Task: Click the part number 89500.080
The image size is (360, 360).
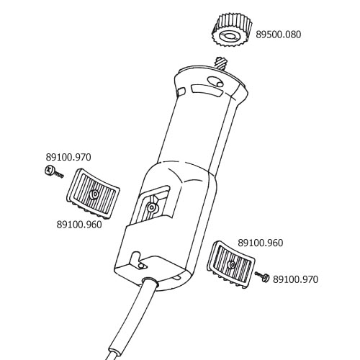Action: (278, 35)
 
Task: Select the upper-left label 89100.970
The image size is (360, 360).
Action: (68, 157)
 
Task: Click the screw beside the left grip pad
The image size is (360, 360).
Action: (54, 172)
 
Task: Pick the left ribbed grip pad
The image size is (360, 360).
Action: (93, 194)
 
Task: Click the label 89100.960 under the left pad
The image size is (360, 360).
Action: (79, 225)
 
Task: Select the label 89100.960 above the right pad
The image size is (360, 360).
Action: (261, 243)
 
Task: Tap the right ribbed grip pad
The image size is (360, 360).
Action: (231, 264)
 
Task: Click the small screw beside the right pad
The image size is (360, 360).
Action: (263, 276)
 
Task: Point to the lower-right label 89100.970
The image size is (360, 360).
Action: (295, 279)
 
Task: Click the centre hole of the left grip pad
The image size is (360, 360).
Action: (95, 194)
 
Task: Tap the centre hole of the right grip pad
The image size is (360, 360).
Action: (233, 264)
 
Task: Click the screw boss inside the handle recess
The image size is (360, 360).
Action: (151, 207)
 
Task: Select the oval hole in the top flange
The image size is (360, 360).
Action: (215, 82)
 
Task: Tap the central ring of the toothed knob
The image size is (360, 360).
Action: (229, 36)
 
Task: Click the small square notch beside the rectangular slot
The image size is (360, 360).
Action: (181, 91)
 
